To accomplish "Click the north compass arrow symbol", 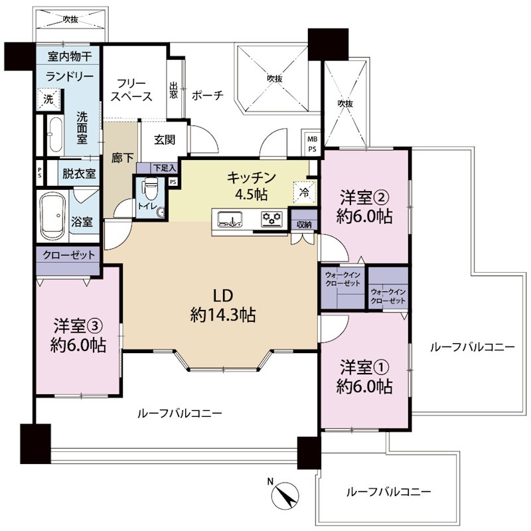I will [287, 494].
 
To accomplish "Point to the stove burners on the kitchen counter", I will [271, 218].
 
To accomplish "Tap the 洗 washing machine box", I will [48, 100].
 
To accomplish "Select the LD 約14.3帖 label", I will [222, 305].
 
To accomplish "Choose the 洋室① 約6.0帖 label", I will [364, 376].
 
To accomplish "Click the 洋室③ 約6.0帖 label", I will [78, 335].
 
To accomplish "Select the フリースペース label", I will [132, 90].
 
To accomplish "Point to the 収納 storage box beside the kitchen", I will [305, 224].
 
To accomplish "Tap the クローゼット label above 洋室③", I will [69, 255].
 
